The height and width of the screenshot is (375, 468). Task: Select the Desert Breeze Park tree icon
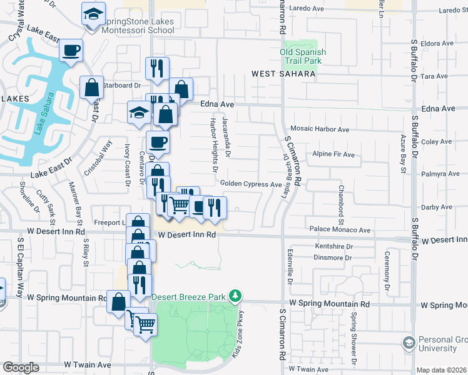[235, 295]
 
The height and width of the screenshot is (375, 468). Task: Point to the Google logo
[21, 367]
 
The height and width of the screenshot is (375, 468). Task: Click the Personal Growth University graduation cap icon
[409, 343]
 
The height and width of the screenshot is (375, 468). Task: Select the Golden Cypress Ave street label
[250, 184]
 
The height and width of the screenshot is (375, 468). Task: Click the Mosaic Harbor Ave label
[320, 129]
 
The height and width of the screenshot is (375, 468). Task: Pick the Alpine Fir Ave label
[333, 154]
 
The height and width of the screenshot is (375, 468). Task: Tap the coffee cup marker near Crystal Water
[71, 50]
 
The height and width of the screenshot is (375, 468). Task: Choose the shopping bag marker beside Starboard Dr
[92, 88]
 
